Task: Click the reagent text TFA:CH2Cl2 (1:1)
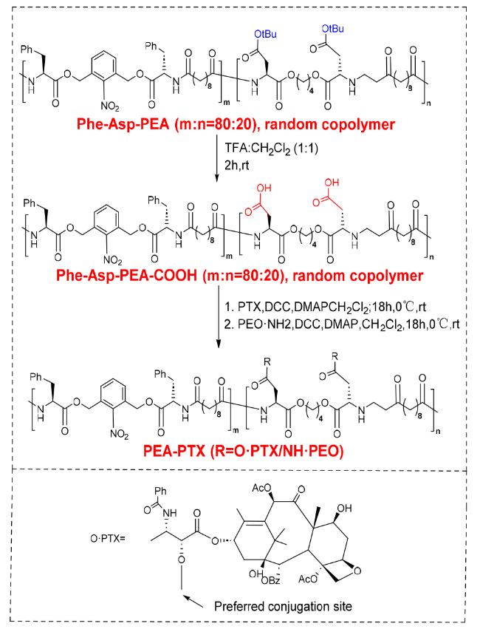[x=272, y=149]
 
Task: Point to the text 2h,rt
[x=237, y=166]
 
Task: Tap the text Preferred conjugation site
[x=283, y=606]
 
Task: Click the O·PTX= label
[x=108, y=538]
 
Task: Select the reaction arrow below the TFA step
[x=217, y=159]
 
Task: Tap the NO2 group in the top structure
[x=110, y=106]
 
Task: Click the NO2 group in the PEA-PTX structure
[x=119, y=435]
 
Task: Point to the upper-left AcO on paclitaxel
[x=261, y=488]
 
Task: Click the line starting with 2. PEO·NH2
[x=342, y=324]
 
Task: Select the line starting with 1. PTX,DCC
[x=325, y=307]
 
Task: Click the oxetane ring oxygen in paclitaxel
[x=357, y=571]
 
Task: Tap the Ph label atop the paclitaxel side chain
[x=160, y=491]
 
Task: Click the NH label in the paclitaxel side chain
[x=170, y=513]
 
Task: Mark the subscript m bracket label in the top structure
[x=227, y=103]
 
